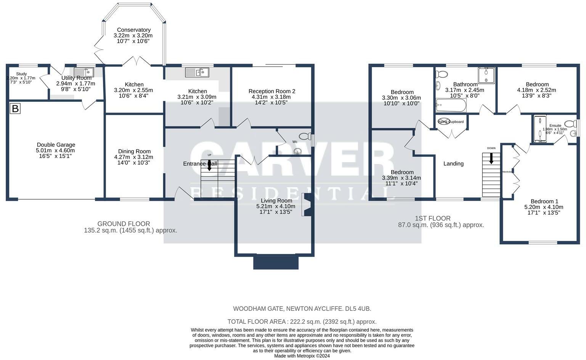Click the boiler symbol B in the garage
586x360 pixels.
(x=15, y=109)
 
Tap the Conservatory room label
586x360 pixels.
(x=133, y=30)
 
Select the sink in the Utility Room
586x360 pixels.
(x=84, y=72)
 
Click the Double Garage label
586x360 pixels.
(x=56, y=145)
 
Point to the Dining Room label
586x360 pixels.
(x=134, y=151)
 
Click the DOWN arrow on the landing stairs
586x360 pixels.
(x=491, y=158)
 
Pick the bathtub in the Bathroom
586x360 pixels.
(x=451, y=105)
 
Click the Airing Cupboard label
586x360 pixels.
(x=451, y=122)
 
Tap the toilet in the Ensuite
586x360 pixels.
(x=570, y=124)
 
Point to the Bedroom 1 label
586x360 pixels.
(x=544, y=201)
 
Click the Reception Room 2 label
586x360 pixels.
(x=272, y=91)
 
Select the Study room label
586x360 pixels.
(x=21, y=74)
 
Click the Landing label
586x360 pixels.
(x=453, y=164)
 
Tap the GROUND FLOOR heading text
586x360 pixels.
(x=124, y=224)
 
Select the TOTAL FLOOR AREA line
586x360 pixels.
(x=302, y=321)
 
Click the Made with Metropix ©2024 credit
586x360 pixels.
(x=302, y=356)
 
